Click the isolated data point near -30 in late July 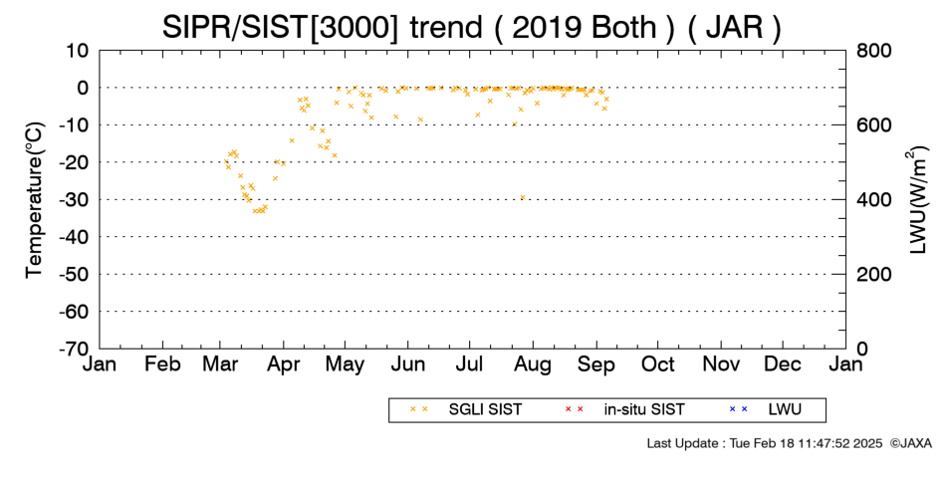[523, 197]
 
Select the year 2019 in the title [546, 27]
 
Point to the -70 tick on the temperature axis [74, 349]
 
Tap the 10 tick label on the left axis [78, 51]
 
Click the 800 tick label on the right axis [873, 51]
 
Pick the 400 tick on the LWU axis [873, 200]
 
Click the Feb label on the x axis [163, 364]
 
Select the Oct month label [658, 364]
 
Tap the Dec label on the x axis [783, 364]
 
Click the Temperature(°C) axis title [35, 200]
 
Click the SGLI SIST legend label [485, 410]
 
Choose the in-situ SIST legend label [644, 410]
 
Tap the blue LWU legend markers [739, 409]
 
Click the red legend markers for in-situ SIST [574, 409]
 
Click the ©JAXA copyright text [910, 443]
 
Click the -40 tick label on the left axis [74, 237]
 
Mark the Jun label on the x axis [408, 364]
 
